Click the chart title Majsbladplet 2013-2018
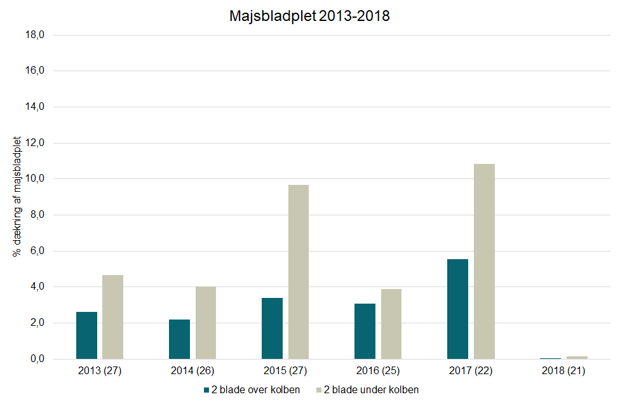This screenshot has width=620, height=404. [309, 17]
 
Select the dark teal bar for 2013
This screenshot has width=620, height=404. [86, 335]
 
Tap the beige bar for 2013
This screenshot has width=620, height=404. [113, 317]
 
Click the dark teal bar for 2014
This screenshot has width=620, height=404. [179, 339]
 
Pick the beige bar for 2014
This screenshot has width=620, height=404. [206, 323]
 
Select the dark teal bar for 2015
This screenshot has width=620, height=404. [272, 328]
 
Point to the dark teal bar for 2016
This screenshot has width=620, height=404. [365, 331]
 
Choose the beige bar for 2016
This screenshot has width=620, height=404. [391, 324]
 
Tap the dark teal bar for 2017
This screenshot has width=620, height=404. [457, 309]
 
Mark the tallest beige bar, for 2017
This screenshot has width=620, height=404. [484, 261]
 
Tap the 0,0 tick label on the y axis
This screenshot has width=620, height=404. [36, 359]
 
